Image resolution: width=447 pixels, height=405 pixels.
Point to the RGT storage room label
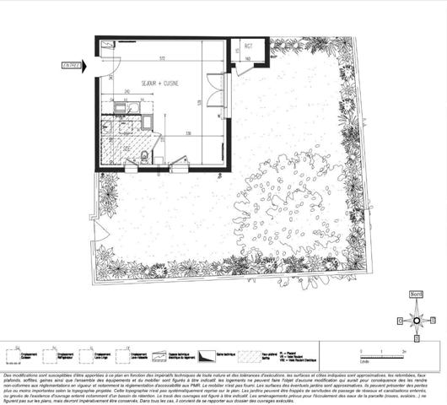tap(249, 45)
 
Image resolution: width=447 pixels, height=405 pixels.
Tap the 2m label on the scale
tap(407, 348)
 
